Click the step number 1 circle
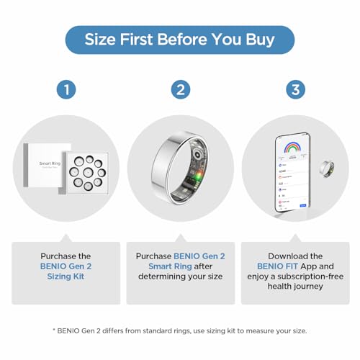click(x=66, y=89)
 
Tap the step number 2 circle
click(x=180, y=89)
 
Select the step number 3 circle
click(x=294, y=89)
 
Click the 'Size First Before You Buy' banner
click(x=179, y=40)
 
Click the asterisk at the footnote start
click(x=54, y=330)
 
